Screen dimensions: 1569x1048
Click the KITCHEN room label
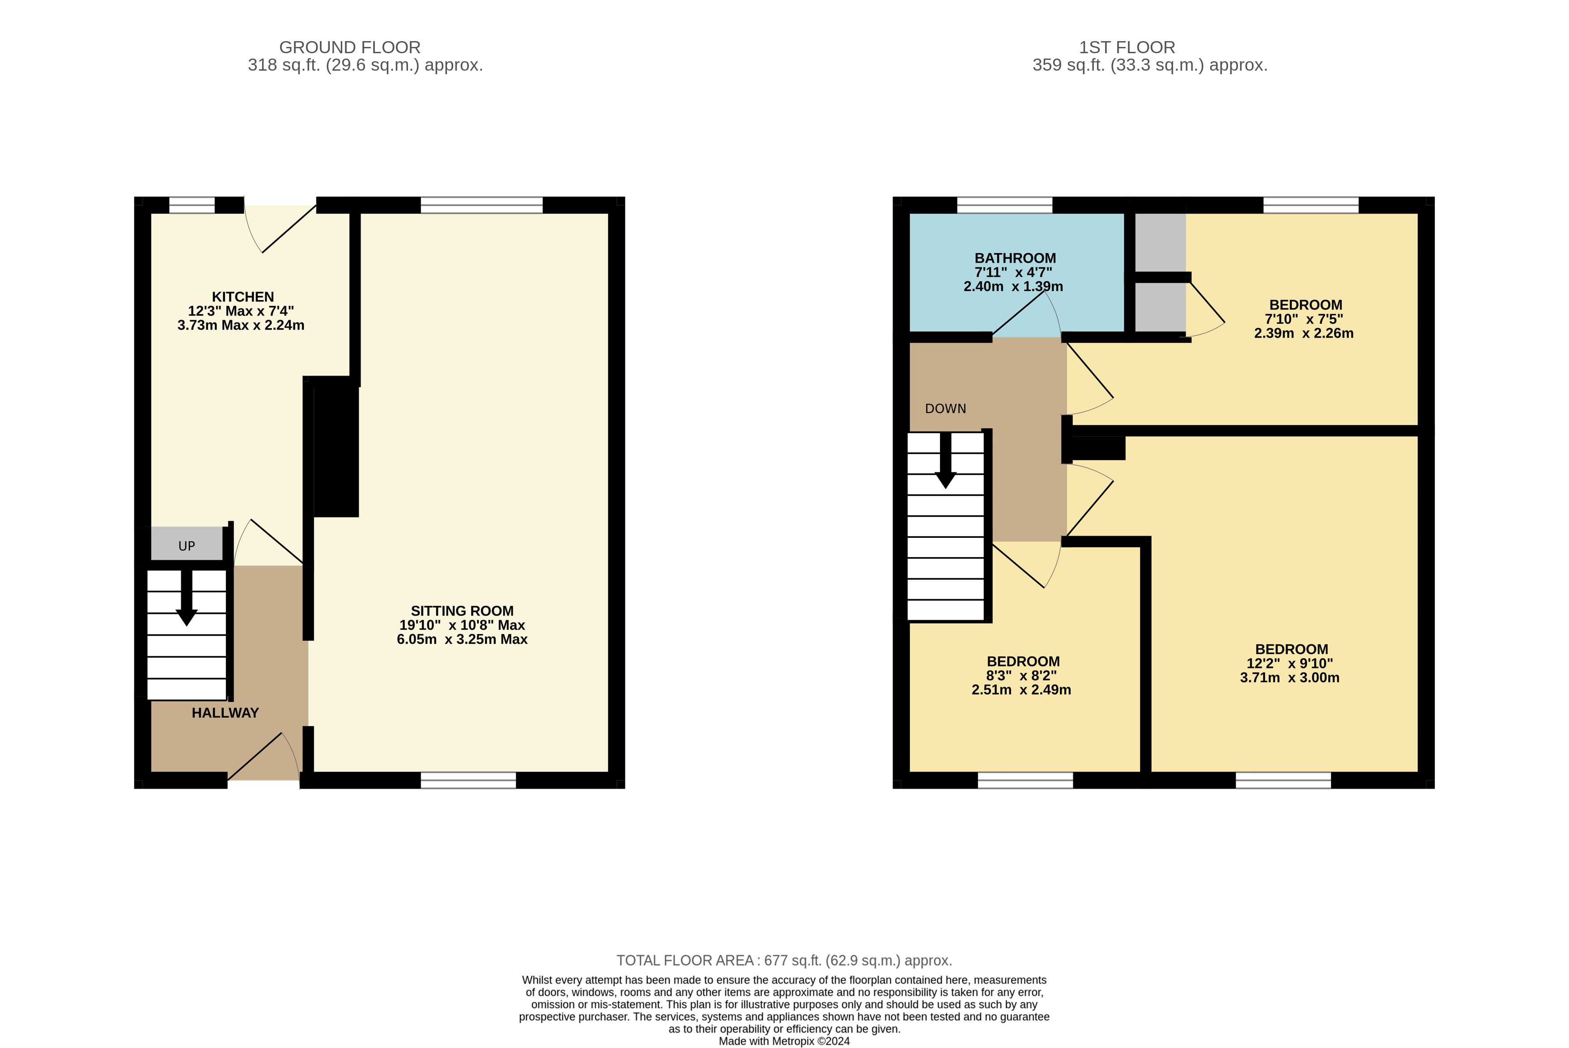point(243,297)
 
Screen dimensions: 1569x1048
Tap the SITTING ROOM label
point(462,611)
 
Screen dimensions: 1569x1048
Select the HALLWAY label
point(225,713)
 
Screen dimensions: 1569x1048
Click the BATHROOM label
point(1015,258)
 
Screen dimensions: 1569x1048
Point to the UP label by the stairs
point(187,546)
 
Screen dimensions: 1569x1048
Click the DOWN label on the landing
point(946,408)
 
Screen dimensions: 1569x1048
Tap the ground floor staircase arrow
point(187,597)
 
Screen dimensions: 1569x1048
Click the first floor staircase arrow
point(946,461)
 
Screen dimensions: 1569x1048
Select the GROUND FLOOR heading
point(350,47)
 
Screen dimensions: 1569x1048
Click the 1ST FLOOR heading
point(1127,47)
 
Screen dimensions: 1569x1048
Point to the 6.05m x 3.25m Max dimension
point(462,639)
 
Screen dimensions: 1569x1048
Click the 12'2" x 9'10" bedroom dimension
point(1290,663)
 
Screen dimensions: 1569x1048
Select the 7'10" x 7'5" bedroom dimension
point(1304,319)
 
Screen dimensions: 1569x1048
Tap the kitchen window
point(192,205)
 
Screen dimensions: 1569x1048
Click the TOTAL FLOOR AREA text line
point(784,960)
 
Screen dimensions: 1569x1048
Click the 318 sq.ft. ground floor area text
point(365,65)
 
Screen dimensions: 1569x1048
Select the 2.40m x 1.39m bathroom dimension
point(1013,286)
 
